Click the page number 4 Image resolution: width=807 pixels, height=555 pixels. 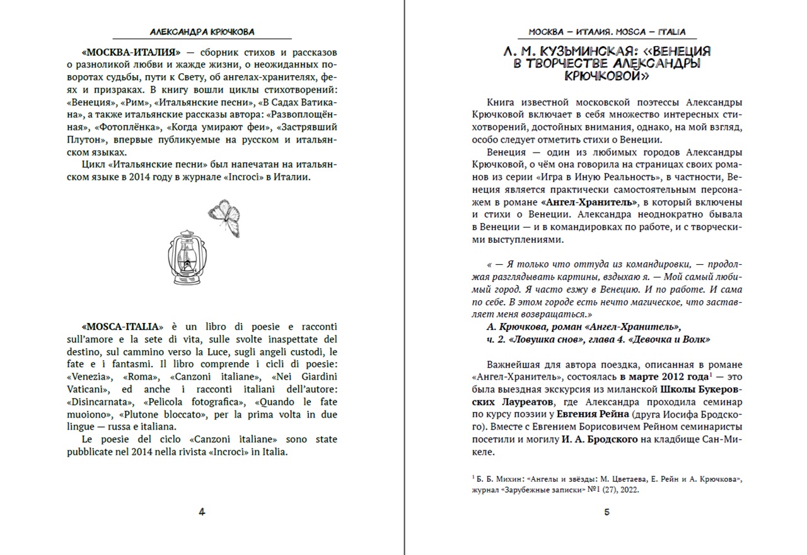[x=202, y=512]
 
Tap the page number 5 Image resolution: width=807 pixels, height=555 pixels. [x=607, y=512]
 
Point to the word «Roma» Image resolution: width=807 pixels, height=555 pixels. [x=139, y=377]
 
